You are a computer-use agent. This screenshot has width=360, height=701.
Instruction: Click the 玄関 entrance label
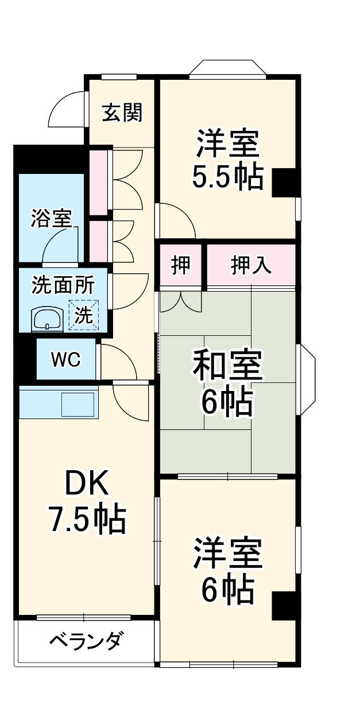(x=122, y=113)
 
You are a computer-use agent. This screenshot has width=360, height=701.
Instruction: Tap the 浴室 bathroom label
(x=51, y=219)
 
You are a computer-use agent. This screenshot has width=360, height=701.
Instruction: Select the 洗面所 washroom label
(x=63, y=285)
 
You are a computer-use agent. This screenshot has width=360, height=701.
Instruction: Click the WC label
(x=65, y=360)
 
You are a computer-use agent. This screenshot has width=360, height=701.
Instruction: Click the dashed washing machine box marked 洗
(x=84, y=315)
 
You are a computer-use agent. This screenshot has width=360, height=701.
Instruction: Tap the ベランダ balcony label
(x=85, y=641)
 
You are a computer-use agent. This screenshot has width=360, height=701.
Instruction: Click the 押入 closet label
(x=251, y=266)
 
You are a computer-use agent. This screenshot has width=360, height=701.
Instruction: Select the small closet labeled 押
(x=181, y=266)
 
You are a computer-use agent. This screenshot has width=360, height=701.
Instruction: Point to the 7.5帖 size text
(x=86, y=520)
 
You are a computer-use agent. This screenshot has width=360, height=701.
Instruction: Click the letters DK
(x=86, y=486)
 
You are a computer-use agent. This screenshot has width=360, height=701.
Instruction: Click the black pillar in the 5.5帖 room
(x=285, y=183)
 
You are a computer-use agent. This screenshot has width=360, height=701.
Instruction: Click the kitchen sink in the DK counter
(x=77, y=404)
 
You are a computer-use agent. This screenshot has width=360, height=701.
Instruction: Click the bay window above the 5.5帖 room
(x=227, y=67)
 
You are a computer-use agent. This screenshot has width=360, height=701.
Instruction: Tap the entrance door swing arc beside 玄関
(x=68, y=110)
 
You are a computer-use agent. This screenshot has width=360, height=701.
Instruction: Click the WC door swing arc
(x=118, y=361)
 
